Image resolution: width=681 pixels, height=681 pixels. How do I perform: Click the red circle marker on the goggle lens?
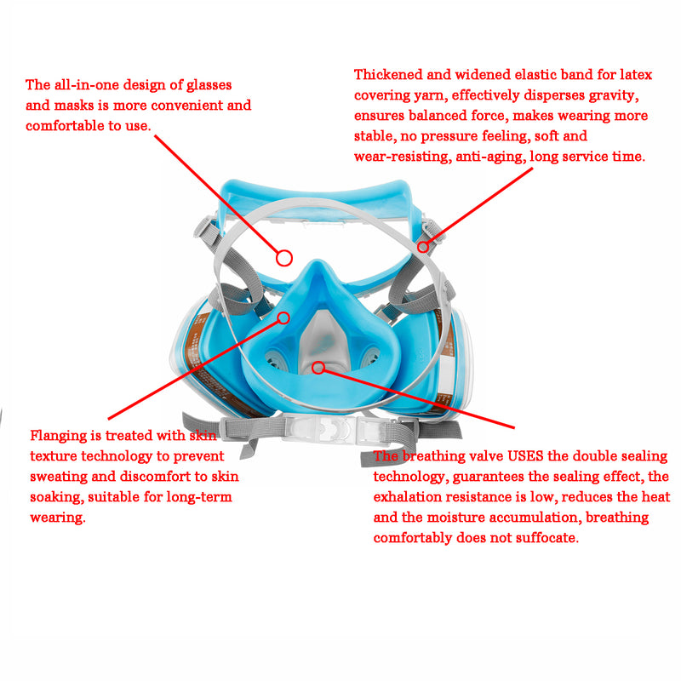[284, 256]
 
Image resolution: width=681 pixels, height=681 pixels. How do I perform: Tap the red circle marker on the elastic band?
[423, 247]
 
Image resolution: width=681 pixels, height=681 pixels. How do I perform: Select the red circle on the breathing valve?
[318, 368]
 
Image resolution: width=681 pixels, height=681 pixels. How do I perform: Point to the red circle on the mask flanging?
[284, 318]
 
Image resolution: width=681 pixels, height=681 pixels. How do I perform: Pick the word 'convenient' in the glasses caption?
[186, 106]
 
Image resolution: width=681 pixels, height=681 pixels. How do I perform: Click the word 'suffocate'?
[549, 538]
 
